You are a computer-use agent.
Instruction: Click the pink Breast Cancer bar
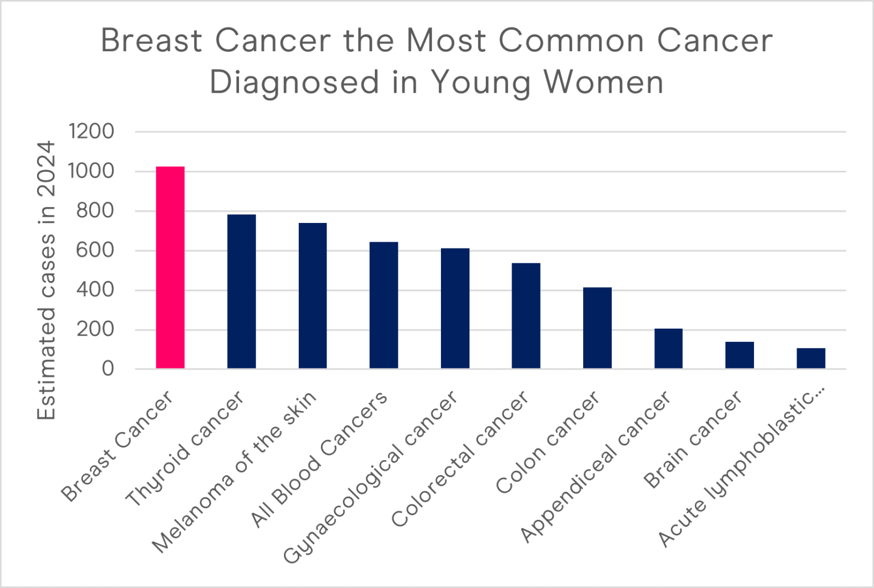point(170,267)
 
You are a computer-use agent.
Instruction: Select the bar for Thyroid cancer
point(241,291)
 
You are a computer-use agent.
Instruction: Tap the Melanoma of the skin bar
point(312,296)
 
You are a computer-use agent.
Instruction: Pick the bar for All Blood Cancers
point(384,305)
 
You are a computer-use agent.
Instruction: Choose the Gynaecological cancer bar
point(455,308)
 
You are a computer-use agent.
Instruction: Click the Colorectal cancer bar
point(526,316)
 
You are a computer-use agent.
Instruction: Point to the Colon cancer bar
point(597,328)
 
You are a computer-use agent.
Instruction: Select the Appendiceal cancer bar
point(668,349)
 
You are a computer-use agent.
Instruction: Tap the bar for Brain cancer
point(739,355)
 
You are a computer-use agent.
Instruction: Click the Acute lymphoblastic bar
point(810,358)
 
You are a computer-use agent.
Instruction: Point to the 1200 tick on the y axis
point(91,131)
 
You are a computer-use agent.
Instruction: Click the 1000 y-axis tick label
point(91,171)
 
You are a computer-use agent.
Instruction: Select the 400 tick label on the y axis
point(95,290)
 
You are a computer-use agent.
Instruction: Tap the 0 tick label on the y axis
point(108,369)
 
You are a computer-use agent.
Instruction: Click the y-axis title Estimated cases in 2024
point(47,280)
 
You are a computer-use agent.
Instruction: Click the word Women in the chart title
point(603,82)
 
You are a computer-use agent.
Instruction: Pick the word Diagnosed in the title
point(294,82)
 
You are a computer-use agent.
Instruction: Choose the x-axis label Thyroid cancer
point(184,449)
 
